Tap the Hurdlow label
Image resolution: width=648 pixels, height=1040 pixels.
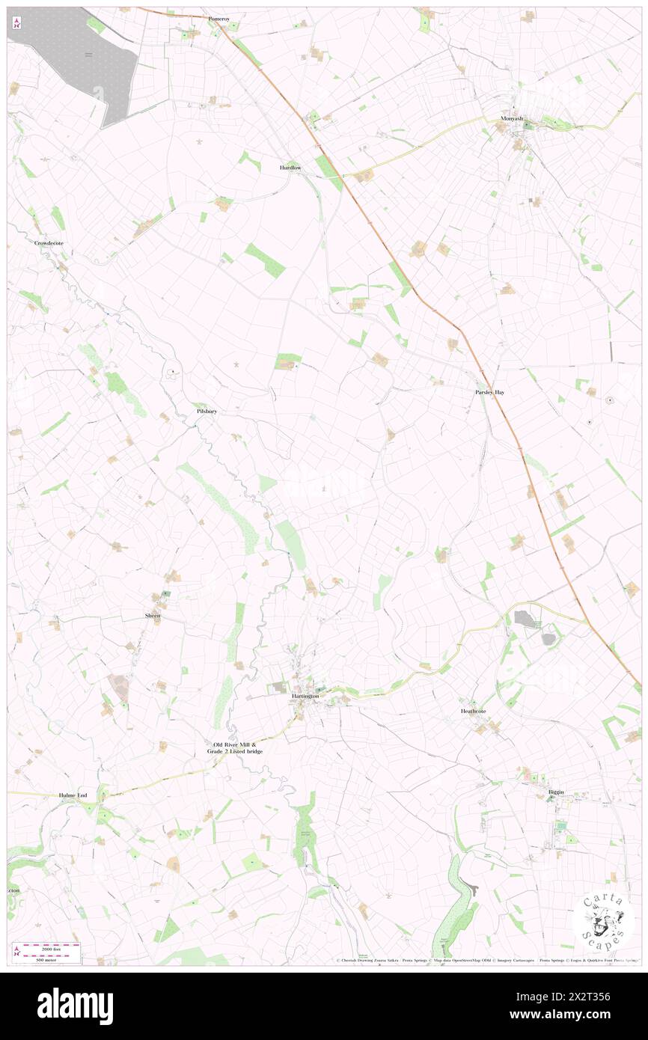point(290,168)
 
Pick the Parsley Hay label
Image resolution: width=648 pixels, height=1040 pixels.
point(489,392)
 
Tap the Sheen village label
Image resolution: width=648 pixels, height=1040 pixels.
point(153,615)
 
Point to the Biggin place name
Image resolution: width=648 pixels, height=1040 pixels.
point(555,792)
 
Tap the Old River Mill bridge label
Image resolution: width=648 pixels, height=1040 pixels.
point(238,747)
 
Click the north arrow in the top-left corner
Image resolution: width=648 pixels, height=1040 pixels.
point(16,22)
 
